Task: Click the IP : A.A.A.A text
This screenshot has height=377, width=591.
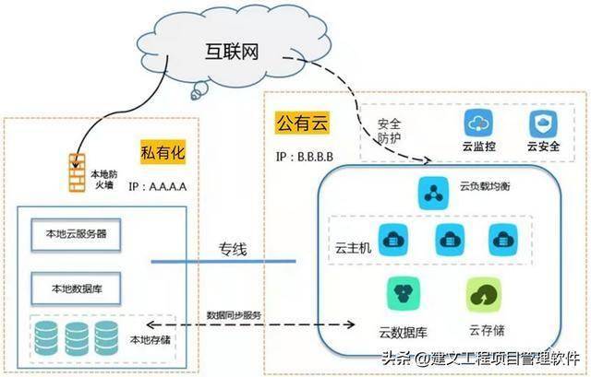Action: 158,185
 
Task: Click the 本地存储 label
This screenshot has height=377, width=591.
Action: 151,341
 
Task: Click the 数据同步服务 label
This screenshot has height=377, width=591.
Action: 235,314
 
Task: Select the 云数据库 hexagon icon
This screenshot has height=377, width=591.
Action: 404,294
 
